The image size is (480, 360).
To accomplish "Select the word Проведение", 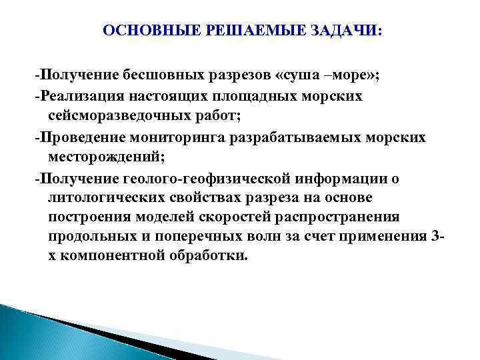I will pyautogui.click(x=79, y=137).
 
